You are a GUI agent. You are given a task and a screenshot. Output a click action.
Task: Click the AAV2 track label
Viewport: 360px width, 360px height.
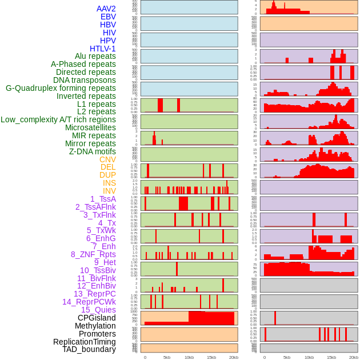click(106, 9)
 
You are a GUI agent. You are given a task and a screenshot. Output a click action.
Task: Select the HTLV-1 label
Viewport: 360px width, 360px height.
click(102, 49)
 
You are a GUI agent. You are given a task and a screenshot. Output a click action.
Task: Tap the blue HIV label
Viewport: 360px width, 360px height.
click(109, 33)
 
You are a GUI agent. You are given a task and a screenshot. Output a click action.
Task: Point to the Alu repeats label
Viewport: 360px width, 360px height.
click(95, 56)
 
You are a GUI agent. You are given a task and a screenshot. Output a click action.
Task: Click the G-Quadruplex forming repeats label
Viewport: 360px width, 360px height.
click(61, 88)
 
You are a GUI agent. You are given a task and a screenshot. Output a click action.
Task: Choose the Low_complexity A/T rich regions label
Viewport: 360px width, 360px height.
click(58, 119)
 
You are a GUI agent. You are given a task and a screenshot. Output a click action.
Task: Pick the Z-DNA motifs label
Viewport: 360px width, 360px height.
click(92, 151)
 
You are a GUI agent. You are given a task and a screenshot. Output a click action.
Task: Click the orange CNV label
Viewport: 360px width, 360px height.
click(107, 159)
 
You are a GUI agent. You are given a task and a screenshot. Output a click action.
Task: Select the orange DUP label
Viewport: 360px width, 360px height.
click(107, 175)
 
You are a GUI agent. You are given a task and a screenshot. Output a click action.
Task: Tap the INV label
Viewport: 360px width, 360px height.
click(109, 191)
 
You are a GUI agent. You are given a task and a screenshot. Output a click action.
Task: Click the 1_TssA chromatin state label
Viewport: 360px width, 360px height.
click(103, 199)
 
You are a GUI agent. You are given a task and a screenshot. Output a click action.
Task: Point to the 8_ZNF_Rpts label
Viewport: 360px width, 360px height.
click(93, 254)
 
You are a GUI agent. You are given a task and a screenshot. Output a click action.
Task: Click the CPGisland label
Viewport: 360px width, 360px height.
click(97, 318)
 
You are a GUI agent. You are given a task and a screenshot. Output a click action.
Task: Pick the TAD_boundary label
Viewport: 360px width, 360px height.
click(89, 349)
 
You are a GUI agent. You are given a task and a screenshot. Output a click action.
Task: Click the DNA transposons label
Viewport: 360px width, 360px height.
click(85, 80)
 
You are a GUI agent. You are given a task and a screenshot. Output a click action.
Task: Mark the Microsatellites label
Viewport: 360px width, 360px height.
click(90, 127)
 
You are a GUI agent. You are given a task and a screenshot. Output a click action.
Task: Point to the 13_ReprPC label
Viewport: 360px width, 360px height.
click(94, 294)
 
